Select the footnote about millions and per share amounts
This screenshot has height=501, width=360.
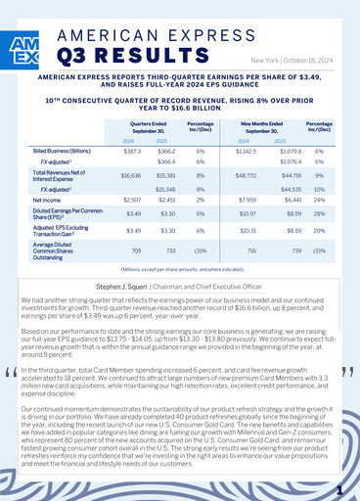pos(180,267)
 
